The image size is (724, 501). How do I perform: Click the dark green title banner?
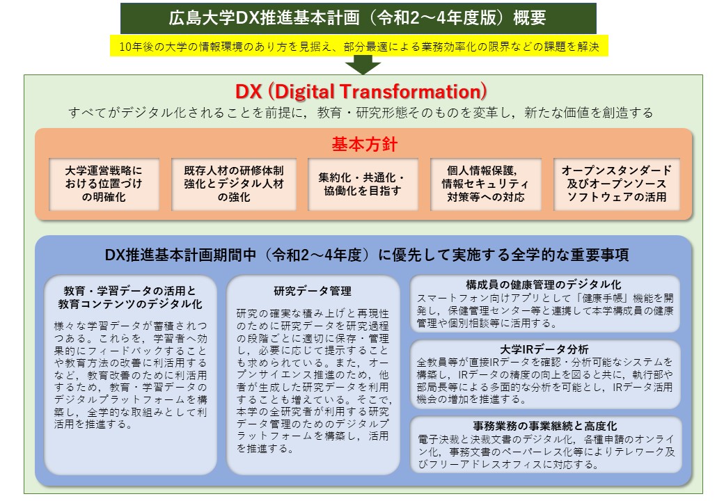coord(359,18)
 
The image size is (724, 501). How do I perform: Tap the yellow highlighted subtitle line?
coord(359,46)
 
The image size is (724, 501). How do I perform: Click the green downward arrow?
coord(363,65)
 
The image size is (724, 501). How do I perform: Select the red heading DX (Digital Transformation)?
coord(361,91)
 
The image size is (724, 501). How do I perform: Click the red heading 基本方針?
coord(364,145)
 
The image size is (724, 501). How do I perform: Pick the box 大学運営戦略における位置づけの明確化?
coord(104,184)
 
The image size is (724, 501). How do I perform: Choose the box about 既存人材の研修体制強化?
coord(234,184)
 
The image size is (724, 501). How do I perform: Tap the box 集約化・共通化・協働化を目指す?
coord(363,184)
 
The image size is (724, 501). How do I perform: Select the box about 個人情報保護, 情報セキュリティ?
coord(485,184)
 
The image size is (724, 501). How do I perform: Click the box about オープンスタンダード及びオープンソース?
coord(616,184)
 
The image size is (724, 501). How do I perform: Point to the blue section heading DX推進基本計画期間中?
coord(367,255)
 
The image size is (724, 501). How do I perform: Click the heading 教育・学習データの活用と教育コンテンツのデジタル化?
coord(130,298)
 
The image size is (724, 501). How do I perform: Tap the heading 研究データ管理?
coord(313,291)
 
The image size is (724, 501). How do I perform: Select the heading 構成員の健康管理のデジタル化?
coord(544,285)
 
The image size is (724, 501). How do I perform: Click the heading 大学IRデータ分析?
coord(544,349)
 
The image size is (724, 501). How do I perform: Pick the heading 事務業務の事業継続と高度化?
coord(545,426)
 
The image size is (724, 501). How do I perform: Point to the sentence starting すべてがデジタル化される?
coord(361,113)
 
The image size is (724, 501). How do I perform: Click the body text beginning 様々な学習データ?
coord(130,374)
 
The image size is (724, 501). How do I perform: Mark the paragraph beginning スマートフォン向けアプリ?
coord(545,310)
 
